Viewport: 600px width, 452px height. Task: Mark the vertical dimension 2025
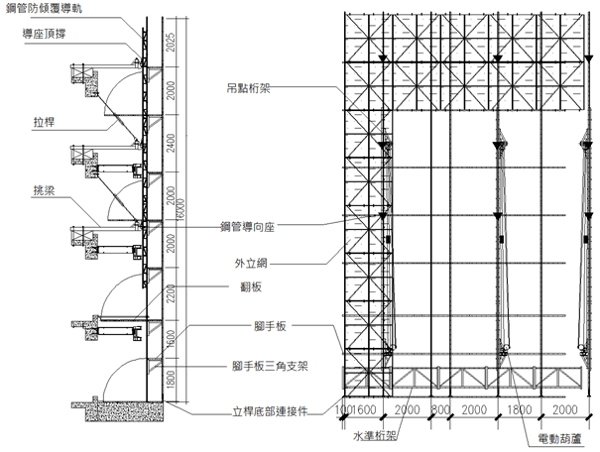tap(171, 43)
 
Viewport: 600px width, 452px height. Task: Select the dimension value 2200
tap(171, 292)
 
